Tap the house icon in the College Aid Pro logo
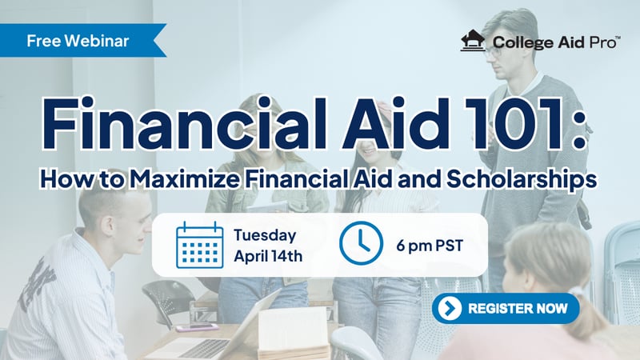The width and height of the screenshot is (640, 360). pyautogui.click(x=473, y=41)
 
